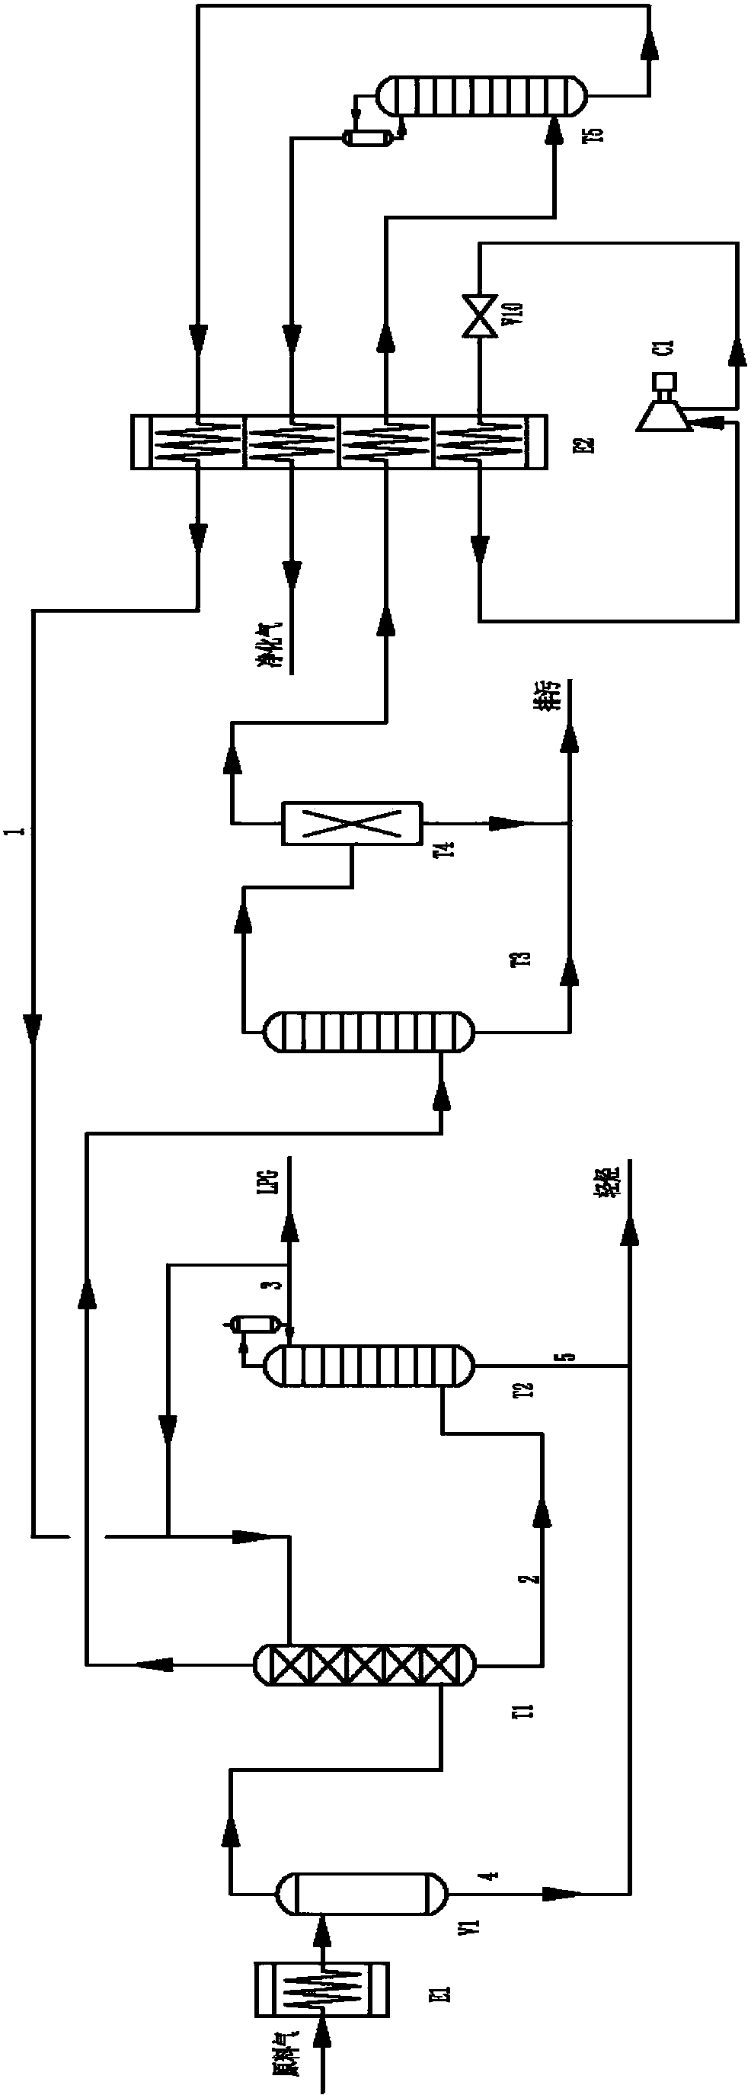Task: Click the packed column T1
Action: click(x=363, y=1663)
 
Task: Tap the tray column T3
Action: click(x=368, y=1032)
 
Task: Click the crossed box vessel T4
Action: click(x=352, y=824)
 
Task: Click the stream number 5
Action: click(x=570, y=1356)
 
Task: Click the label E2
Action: click(x=588, y=445)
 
